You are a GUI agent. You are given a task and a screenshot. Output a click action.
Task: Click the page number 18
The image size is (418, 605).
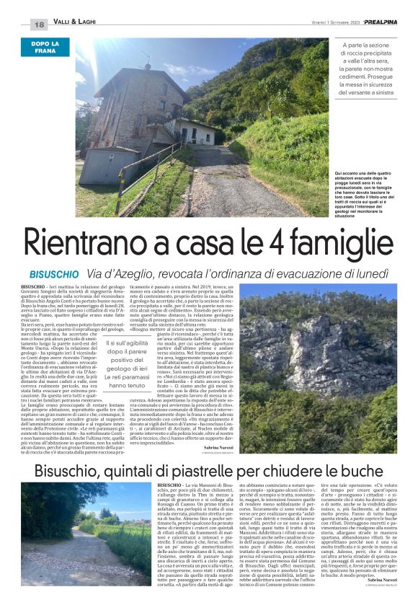pos(39,25)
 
